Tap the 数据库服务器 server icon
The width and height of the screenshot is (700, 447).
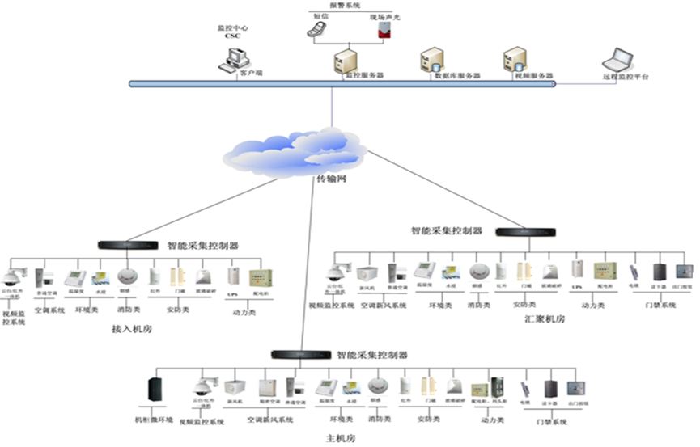(430, 61)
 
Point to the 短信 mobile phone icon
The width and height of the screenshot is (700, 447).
(316, 29)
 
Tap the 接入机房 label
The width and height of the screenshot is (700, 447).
(132, 330)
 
